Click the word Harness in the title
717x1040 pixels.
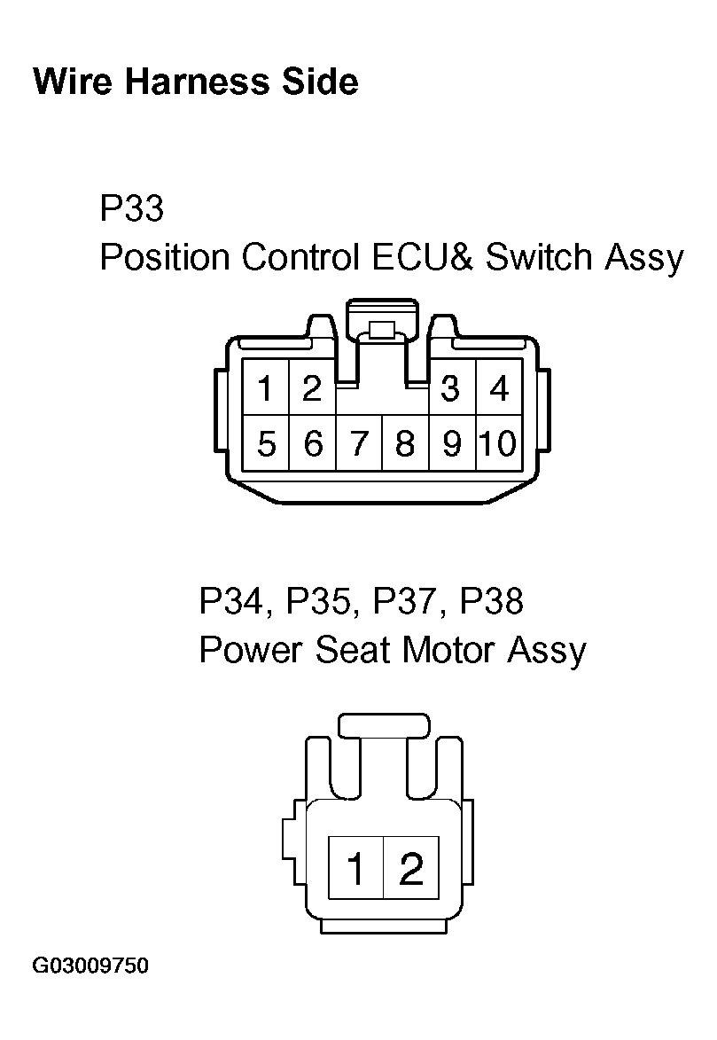pos(197,82)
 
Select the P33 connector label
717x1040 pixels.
pos(131,207)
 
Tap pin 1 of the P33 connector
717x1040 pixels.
pos(266,388)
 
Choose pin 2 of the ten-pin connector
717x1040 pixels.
pos(312,388)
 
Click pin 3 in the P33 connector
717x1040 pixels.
pos(451,388)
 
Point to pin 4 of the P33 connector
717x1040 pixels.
pos(499,388)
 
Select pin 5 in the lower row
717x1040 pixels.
pos(266,443)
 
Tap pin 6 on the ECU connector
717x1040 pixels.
pos(312,443)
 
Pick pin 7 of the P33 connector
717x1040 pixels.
pos(359,443)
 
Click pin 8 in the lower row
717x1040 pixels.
pos(405,443)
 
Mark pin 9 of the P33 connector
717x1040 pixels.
pos(452,443)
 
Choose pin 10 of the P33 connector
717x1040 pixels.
pos(499,443)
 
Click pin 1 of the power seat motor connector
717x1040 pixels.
pos(356,867)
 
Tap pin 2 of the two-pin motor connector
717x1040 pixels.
pos(411,867)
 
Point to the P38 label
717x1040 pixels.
pos(491,601)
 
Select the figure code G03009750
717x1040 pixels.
pos(91,966)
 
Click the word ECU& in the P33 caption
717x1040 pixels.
pos(423,257)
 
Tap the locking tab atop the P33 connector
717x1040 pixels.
pos(383,322)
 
